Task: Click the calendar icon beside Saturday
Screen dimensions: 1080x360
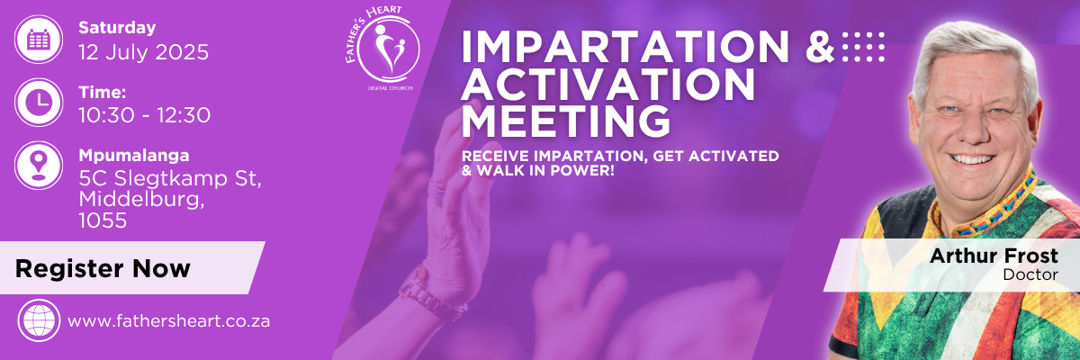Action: [x=39, y=39]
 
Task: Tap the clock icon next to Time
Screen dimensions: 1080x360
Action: [x=39, y=103]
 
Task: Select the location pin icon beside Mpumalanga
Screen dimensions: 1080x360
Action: [x=39, y=166]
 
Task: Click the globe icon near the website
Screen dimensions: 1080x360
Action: [x=39, y=320]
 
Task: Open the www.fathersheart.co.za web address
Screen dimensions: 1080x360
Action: [x=169, y=321]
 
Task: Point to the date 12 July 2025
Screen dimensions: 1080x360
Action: [x=144, y=52]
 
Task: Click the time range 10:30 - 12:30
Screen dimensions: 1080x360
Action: [x=145, y=115]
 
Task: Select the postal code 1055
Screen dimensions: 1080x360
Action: [x=103, y=220]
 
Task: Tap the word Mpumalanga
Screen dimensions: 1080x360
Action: [x=134, y=156]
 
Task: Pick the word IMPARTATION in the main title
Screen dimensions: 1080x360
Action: [x=625, y=47]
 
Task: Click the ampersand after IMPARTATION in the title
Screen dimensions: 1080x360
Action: [x=820, y=47]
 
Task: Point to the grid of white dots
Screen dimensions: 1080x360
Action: [x=863, y=47]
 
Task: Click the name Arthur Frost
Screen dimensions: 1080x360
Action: [x=994, y=256]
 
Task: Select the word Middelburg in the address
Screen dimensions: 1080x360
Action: [x=142, y=200]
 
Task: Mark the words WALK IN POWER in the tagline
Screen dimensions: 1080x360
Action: [x=544, y=171]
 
